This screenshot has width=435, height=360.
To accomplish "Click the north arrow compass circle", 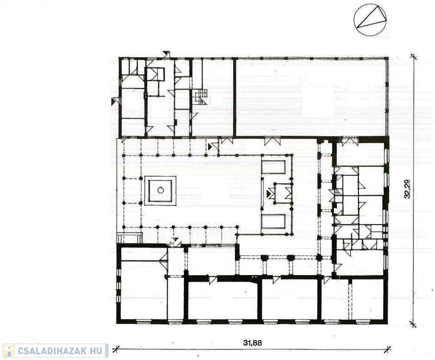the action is (354, 20).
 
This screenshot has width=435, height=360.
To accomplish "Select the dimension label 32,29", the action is (407, 189).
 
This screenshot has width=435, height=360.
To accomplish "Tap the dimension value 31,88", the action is (252, 343).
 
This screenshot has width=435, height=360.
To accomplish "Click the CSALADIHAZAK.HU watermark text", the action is (60, 351).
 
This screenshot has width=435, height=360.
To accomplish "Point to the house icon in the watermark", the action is (9, 351).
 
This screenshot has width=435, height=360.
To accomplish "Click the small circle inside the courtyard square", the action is (160, 190).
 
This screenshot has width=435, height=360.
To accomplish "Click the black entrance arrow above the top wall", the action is (167, 53).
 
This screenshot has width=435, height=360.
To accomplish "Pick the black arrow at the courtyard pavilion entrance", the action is (268, 194).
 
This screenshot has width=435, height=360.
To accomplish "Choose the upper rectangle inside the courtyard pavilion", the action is (274, 167).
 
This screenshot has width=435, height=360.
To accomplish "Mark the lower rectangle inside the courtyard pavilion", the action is (274, 221).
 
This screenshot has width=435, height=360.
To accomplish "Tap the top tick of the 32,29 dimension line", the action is (413, 57).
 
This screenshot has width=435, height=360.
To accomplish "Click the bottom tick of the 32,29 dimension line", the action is (413, 324).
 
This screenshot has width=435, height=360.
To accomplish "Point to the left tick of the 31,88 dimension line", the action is (116, 348).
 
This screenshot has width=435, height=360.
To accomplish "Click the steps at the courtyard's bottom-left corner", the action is (130, 238).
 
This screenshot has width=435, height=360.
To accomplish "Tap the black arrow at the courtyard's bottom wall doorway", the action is (175, 240).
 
